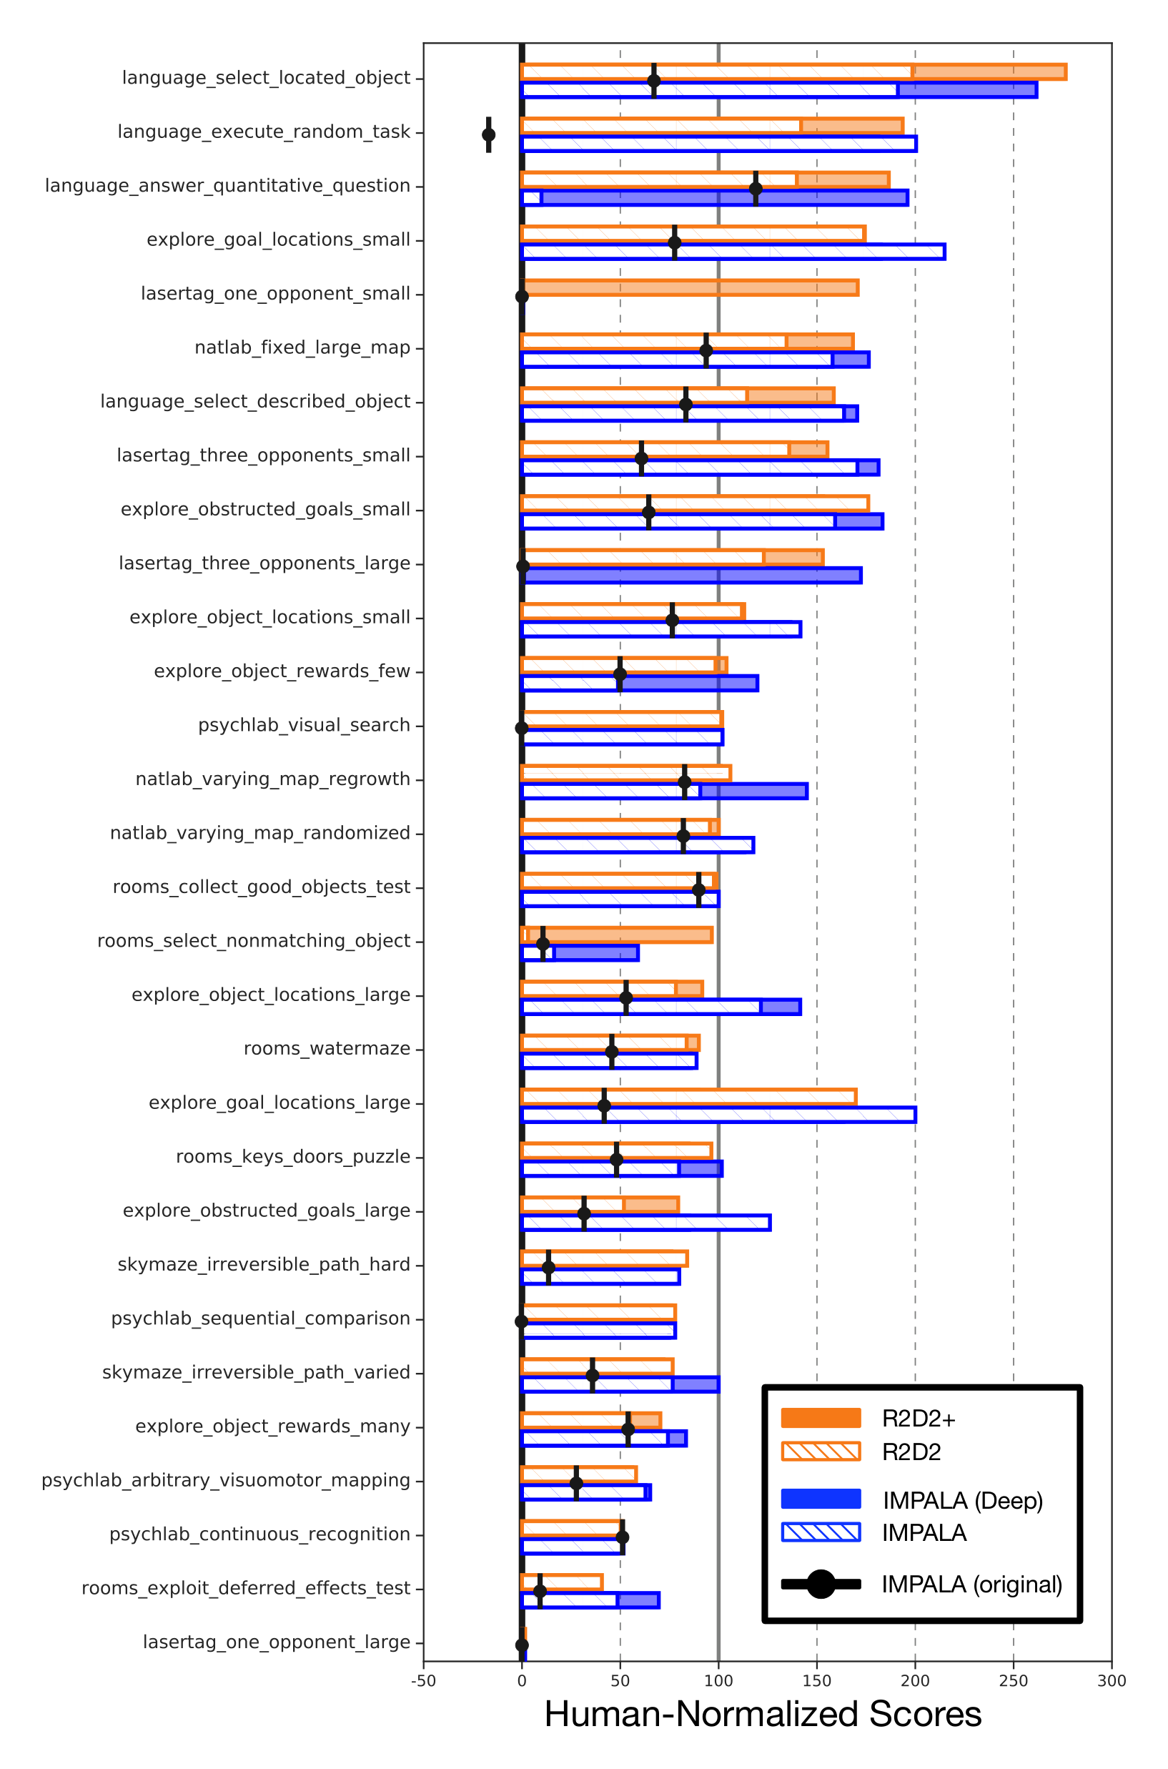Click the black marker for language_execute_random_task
pos(489,135)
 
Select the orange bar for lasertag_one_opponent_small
pos(690,287)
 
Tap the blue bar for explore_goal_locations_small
pos(733,252)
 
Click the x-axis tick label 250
pos(1013,1681)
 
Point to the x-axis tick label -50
pos(423,1681)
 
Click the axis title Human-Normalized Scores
pos(763,1715)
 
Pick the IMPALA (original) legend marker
pos(821,1585)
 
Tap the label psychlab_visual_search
pos(304,725)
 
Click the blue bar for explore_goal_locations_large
pos(719,1115)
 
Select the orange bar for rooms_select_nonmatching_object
pos(617,935)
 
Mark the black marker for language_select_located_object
pos(654,81)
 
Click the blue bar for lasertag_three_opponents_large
pos(691,576)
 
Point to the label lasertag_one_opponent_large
pos(277,1642)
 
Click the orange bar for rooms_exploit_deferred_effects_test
pos(562,1582)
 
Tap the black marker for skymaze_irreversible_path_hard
pos(548,1268)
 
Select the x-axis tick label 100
pos(718,1681)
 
